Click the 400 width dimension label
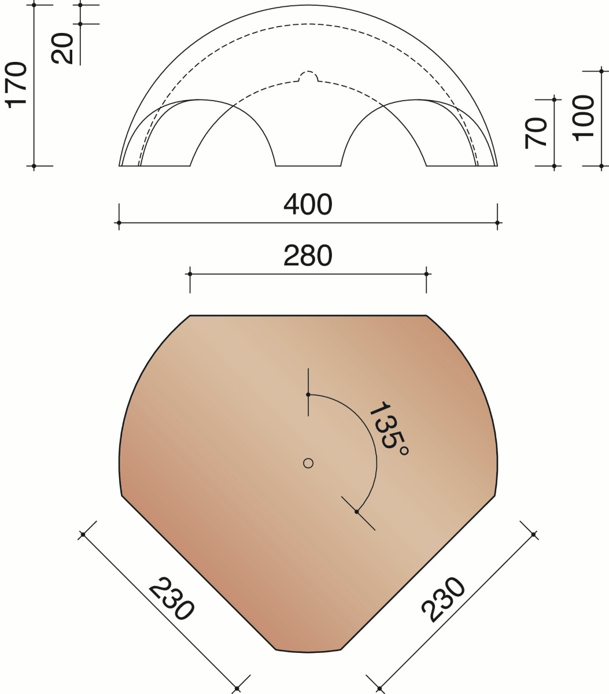(x=308, y=204)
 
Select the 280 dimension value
(x=308, y=256)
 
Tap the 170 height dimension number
(x=17, y=84)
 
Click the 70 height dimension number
(x=536, y=132)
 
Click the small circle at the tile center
(x=308, y=463)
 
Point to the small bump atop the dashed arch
(x=308, y=76)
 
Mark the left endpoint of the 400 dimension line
(x=119, y=223)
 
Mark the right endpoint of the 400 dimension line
(x=497, y=223)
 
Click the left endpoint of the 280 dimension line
(x=190, y=274)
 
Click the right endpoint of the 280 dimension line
(x=426, y=274)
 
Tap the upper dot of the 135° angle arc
(x=308, y=394)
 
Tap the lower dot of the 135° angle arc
(x=357, y=512)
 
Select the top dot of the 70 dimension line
(x=554, y=99)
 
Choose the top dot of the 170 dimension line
(x=34, y=5)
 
